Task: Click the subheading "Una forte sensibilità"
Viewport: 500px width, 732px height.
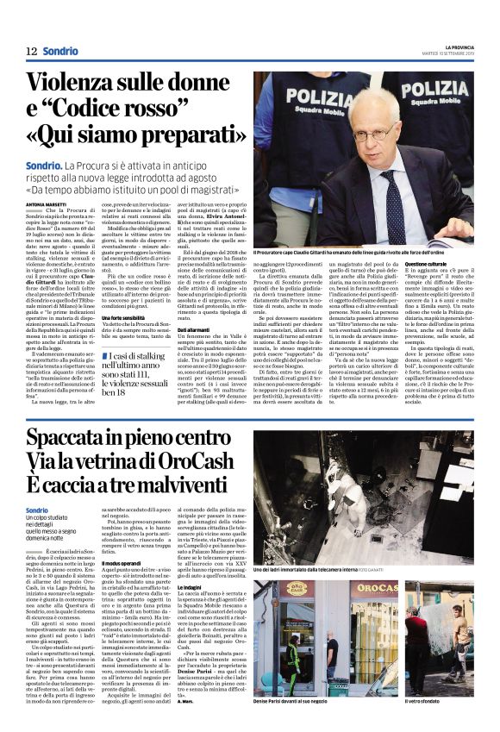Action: (126, 318)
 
